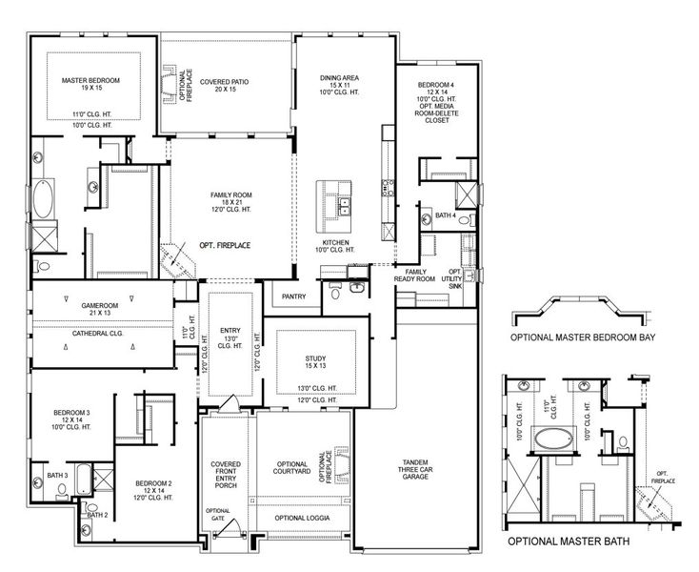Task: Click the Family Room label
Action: (232, 196)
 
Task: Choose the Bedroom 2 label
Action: (152, 483)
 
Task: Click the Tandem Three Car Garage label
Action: (416, 469)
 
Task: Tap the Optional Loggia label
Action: (298, 518)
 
